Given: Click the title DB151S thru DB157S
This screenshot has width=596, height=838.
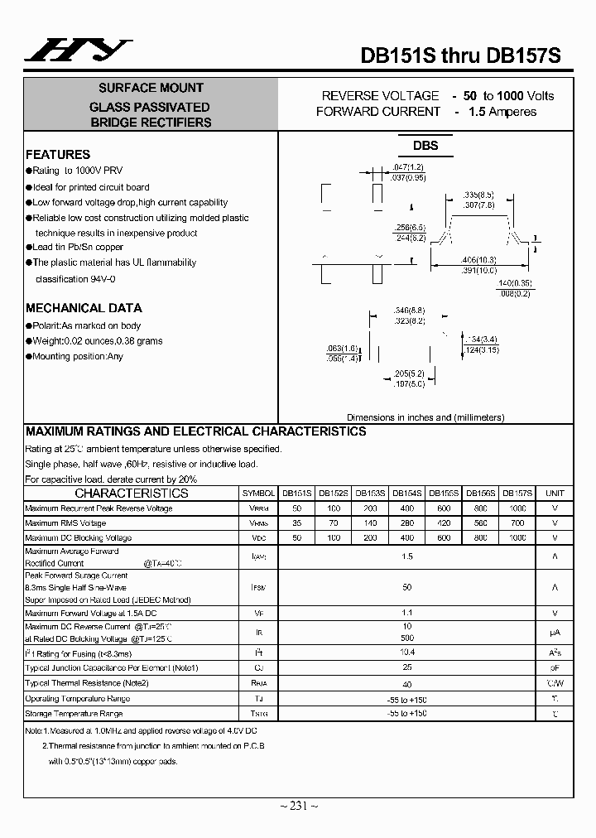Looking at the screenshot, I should (x=460, y=55).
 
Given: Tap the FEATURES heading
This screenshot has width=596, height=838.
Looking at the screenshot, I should (x=58, y=154).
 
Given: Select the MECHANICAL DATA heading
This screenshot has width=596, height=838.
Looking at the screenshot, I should (x=84, y=308).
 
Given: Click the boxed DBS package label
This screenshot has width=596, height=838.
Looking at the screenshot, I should (x=425, y=146).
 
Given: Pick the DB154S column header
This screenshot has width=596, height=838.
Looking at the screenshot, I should (x=406, y=493).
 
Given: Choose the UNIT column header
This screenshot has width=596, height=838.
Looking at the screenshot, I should (x=555, y=493).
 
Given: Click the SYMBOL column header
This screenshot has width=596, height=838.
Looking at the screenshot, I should (x=257, y=493).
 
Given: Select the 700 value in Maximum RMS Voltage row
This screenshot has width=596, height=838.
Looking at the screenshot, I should (x=517, y=523).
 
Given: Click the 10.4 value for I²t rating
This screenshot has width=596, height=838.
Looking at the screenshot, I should (x=406, y=653).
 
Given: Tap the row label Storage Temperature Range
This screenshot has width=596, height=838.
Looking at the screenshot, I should (x=74, y=713).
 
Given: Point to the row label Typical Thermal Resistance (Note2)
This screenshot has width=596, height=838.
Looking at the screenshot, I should (x=87, y=682).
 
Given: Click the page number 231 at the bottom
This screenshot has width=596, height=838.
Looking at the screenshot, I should (x=298, y=805).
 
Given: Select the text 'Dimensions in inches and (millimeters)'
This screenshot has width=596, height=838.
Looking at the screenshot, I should (x=425, y=418).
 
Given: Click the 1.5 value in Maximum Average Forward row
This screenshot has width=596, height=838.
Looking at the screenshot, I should (x=406, y=556).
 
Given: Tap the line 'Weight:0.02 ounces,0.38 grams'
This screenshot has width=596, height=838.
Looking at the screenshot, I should (x=98, y=341).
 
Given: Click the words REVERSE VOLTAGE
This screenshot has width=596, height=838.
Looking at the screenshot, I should (x=380, y=96).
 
